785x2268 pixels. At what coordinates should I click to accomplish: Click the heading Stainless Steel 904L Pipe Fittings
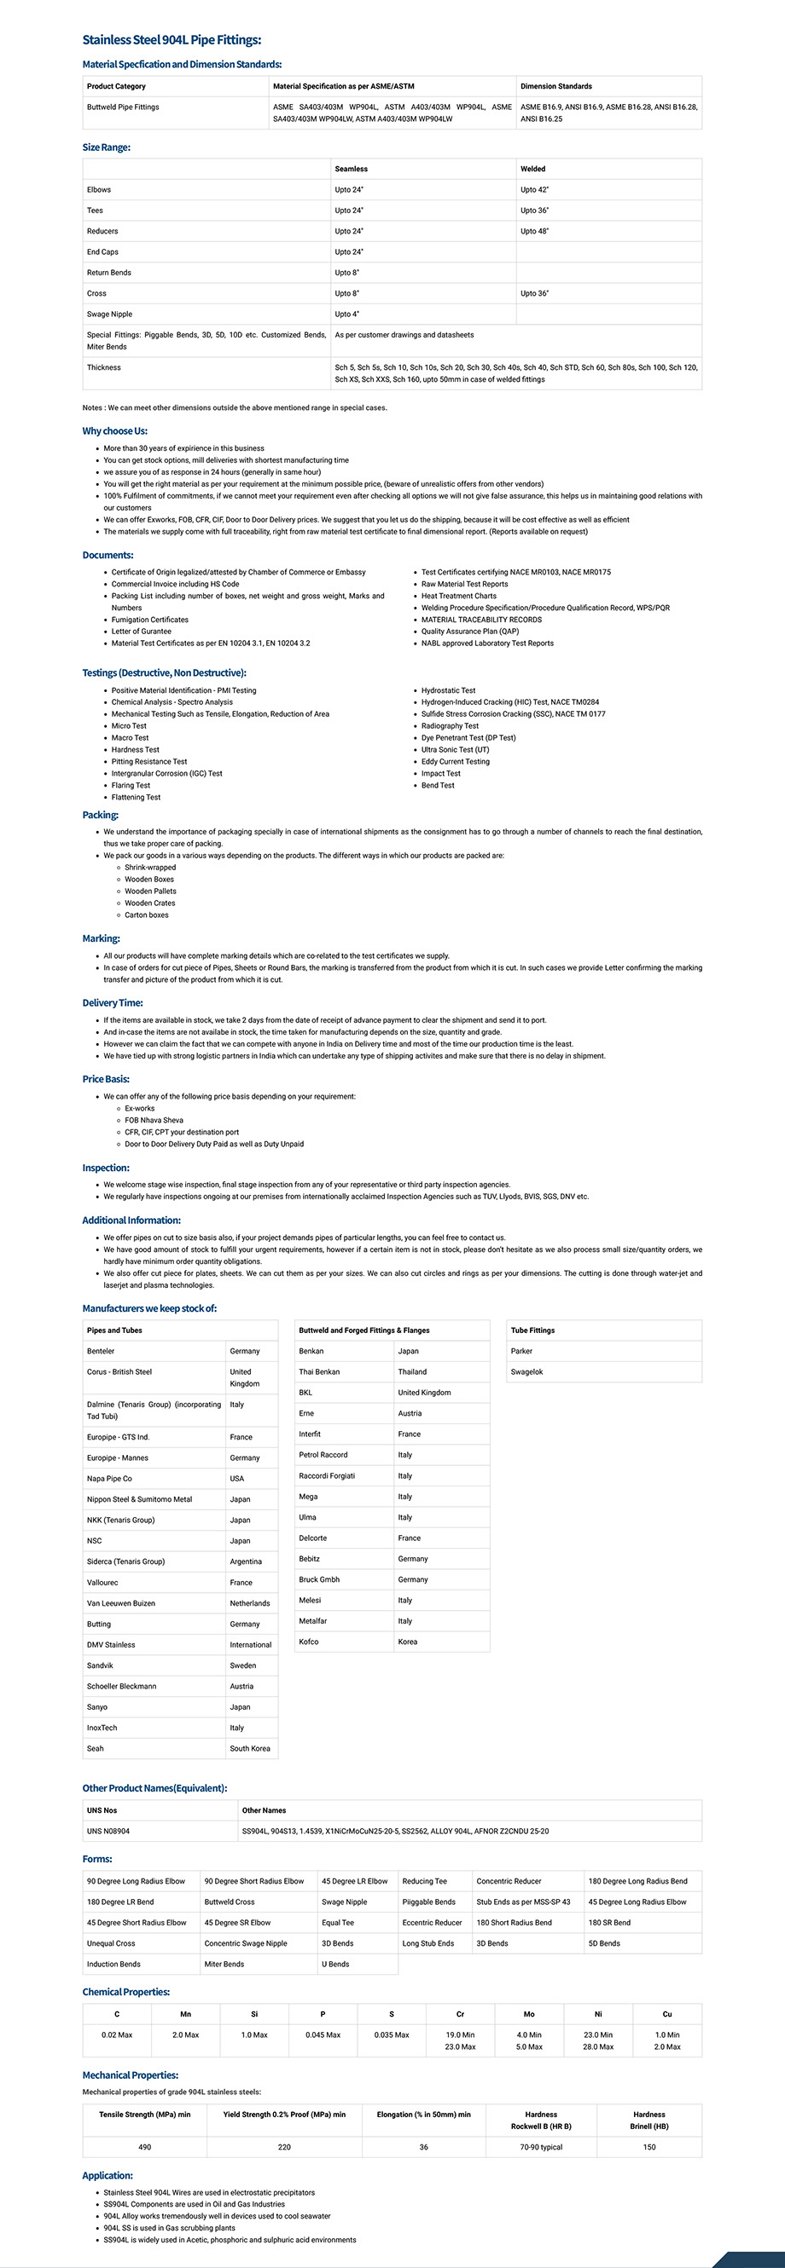tap(172, 39)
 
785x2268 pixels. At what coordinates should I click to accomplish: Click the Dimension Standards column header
tap(556, 86)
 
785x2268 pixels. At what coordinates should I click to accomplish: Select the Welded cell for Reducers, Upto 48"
tap(535, 232)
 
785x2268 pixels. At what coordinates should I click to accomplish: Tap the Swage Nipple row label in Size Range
tap(110, 315)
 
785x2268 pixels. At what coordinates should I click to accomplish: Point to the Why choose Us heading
tap(114, 431)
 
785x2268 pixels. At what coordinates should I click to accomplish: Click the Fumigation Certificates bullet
tap(150, 620)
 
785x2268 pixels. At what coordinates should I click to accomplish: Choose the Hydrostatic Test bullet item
tap(449, 691)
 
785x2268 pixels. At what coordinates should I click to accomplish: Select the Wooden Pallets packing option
tap(151, 892)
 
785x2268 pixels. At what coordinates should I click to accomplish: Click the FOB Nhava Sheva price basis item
tap(154, 1121)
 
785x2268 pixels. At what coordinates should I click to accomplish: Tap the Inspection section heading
tap(106, 1169)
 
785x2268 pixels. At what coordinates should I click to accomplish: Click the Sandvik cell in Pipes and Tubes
tap(101, 1665)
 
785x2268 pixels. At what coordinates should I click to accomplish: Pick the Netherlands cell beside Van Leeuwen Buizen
tap(250, 1603)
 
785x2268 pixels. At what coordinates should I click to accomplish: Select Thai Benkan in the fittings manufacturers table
tap(320, 1371)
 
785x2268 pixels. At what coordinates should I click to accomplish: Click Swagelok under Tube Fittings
tap(526, 1371)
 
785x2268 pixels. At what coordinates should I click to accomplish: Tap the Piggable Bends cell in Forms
tap(429, 1902)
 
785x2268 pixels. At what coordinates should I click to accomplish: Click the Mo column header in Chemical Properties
tap(530, 2014)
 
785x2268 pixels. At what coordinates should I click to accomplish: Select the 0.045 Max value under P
tap(323, 2035)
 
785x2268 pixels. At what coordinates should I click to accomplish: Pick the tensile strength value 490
tap(145, 2147)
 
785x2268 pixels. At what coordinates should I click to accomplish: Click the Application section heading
tap(108, 2176)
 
